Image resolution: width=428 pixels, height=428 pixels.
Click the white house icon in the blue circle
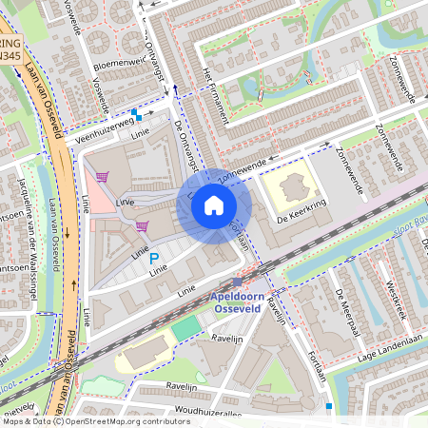(214, 204)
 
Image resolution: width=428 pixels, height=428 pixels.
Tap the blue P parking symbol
(153, 258)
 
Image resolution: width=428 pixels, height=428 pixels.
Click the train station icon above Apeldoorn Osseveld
(237, 282)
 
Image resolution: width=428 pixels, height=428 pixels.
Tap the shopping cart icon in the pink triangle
(102, 176)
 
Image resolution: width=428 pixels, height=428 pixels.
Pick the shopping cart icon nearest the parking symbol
(142, 225)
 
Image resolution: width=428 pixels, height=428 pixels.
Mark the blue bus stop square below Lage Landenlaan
(329, 406)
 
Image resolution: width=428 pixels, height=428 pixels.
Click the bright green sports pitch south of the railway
(187, 326)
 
